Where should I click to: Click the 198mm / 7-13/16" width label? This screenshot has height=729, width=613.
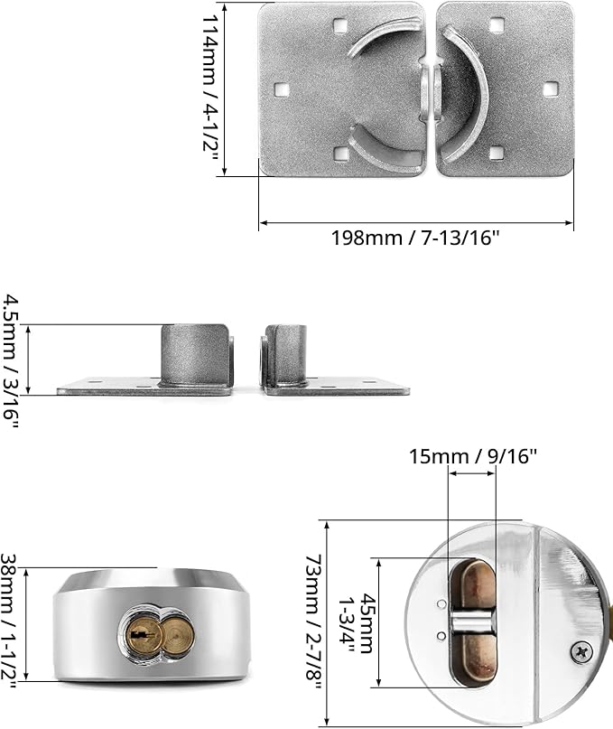(x=415, y=238)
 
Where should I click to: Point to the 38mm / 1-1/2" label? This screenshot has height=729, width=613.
(x=13, y=624)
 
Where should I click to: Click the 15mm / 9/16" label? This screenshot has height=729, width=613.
(x=471, y=455)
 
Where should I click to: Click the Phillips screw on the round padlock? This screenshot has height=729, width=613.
(x=581, y=649)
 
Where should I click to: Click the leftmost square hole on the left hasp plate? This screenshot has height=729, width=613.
(x=280, y=89)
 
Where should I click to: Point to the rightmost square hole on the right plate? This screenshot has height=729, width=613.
(x=551, y=89)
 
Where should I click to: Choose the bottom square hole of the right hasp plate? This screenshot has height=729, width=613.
(x=496, y=153)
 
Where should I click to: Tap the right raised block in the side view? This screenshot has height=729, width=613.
(x=287, y=356)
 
